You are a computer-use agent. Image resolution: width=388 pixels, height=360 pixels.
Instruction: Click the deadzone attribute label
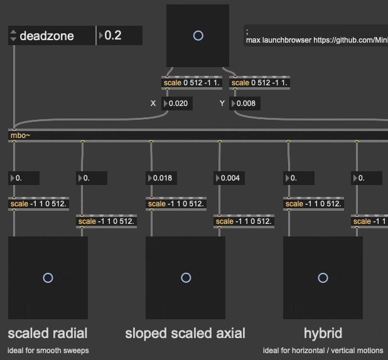tap(46, 36)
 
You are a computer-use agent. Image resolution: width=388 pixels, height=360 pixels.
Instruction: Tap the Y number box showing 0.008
tap(245, 103)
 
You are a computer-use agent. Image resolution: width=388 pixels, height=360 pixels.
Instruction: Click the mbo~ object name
tap(19, 135)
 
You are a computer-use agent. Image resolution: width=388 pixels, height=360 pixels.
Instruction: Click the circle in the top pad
tap(198, 36)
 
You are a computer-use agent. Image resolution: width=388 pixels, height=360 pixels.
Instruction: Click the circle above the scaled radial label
tap(48, 278)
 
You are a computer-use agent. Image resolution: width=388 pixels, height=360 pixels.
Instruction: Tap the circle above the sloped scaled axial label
tap(185, 278)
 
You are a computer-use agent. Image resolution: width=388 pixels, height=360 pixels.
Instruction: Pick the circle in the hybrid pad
tap(323, 278)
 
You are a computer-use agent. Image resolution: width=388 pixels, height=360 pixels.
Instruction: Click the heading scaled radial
tap(48, 332)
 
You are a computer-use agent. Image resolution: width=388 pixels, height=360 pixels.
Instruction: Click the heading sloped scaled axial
tap(185, 332)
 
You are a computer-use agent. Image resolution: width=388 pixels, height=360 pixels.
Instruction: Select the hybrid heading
tap(323, 332)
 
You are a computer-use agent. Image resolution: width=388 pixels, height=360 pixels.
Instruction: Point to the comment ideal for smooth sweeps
tap(48, 350)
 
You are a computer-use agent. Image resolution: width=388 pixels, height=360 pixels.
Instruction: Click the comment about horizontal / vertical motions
tap(323, 350)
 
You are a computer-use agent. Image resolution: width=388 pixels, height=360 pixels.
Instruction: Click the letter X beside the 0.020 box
tap(153, 103)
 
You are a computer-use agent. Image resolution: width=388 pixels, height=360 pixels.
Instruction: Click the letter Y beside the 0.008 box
tap(222, 103)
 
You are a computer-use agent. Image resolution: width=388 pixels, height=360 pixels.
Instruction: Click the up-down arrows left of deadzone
tap(13, 36)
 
